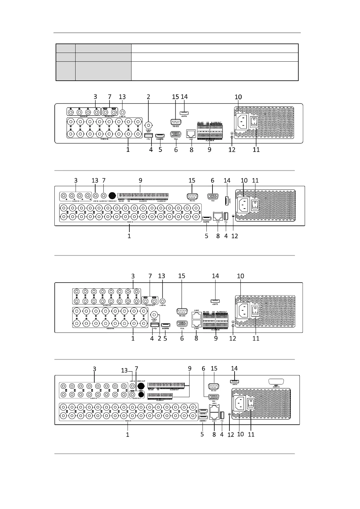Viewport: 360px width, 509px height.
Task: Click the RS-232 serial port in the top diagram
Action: coord(176,122)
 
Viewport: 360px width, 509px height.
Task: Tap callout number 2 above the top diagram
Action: coord(148,97)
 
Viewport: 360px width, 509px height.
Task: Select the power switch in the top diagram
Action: coord(255,122)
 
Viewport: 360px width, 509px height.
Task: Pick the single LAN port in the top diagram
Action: coord(191,133)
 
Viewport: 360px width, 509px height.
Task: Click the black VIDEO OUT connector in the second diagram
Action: coord(112,196)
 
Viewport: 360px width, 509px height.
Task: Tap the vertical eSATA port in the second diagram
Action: coord(226,200)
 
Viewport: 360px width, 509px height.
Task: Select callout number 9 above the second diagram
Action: coord(141,180)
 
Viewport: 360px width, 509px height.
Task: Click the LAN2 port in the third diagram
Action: coord(196,315)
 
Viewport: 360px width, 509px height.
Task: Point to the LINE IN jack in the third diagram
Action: coord(163,301)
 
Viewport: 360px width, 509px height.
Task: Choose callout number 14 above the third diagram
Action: coord(215,276)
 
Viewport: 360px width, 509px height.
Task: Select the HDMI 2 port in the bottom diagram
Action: coord(203,411)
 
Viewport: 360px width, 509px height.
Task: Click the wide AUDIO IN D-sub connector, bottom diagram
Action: coord(276,381)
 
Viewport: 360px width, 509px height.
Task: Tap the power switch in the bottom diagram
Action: coord(251,403)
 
